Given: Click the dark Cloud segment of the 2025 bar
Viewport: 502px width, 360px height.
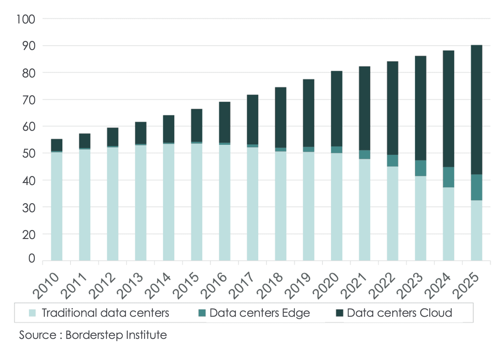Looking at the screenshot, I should coord(476,110).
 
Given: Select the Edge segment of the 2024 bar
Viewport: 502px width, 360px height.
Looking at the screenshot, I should coord(448,177).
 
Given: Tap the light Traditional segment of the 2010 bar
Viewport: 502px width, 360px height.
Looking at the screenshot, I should coord(57,206).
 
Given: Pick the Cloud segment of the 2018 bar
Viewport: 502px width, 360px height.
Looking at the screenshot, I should coord(280,117).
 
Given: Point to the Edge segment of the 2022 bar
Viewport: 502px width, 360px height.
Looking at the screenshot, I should coord(392,161).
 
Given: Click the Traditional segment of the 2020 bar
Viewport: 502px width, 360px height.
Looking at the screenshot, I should coord(336,206).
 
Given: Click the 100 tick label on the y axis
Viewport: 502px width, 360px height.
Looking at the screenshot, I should coord(26,19).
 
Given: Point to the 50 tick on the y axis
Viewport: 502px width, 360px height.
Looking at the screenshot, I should coord(29,154).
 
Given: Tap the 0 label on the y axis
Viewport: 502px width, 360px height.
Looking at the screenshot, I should coord(32,258).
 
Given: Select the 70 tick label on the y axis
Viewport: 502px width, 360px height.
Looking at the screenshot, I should coord(29,100).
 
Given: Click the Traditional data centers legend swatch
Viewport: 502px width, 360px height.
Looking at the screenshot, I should coord(32,313).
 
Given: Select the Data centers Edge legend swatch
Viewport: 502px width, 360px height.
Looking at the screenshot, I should coord(202,313).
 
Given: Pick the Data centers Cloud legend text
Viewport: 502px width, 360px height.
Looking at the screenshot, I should coord(399,313).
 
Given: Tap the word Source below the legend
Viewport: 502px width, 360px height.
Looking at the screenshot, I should coord(38,335).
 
